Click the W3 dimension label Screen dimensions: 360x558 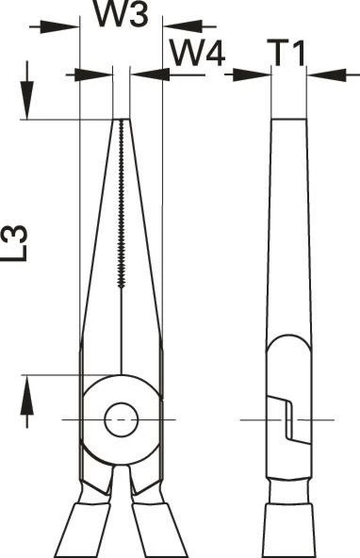click(121, 13)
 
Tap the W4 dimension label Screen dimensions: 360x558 click(198, 54)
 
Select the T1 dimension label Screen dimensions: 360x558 click(289, 54)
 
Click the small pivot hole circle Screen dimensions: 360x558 click(122, 420)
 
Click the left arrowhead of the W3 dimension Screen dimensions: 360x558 click(59, 26)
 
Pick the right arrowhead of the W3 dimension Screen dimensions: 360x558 click(182, 26)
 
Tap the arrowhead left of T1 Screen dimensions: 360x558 click(252, 75)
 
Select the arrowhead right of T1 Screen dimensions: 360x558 click(326, 75)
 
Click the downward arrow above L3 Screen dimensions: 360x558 click(26, 90)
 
